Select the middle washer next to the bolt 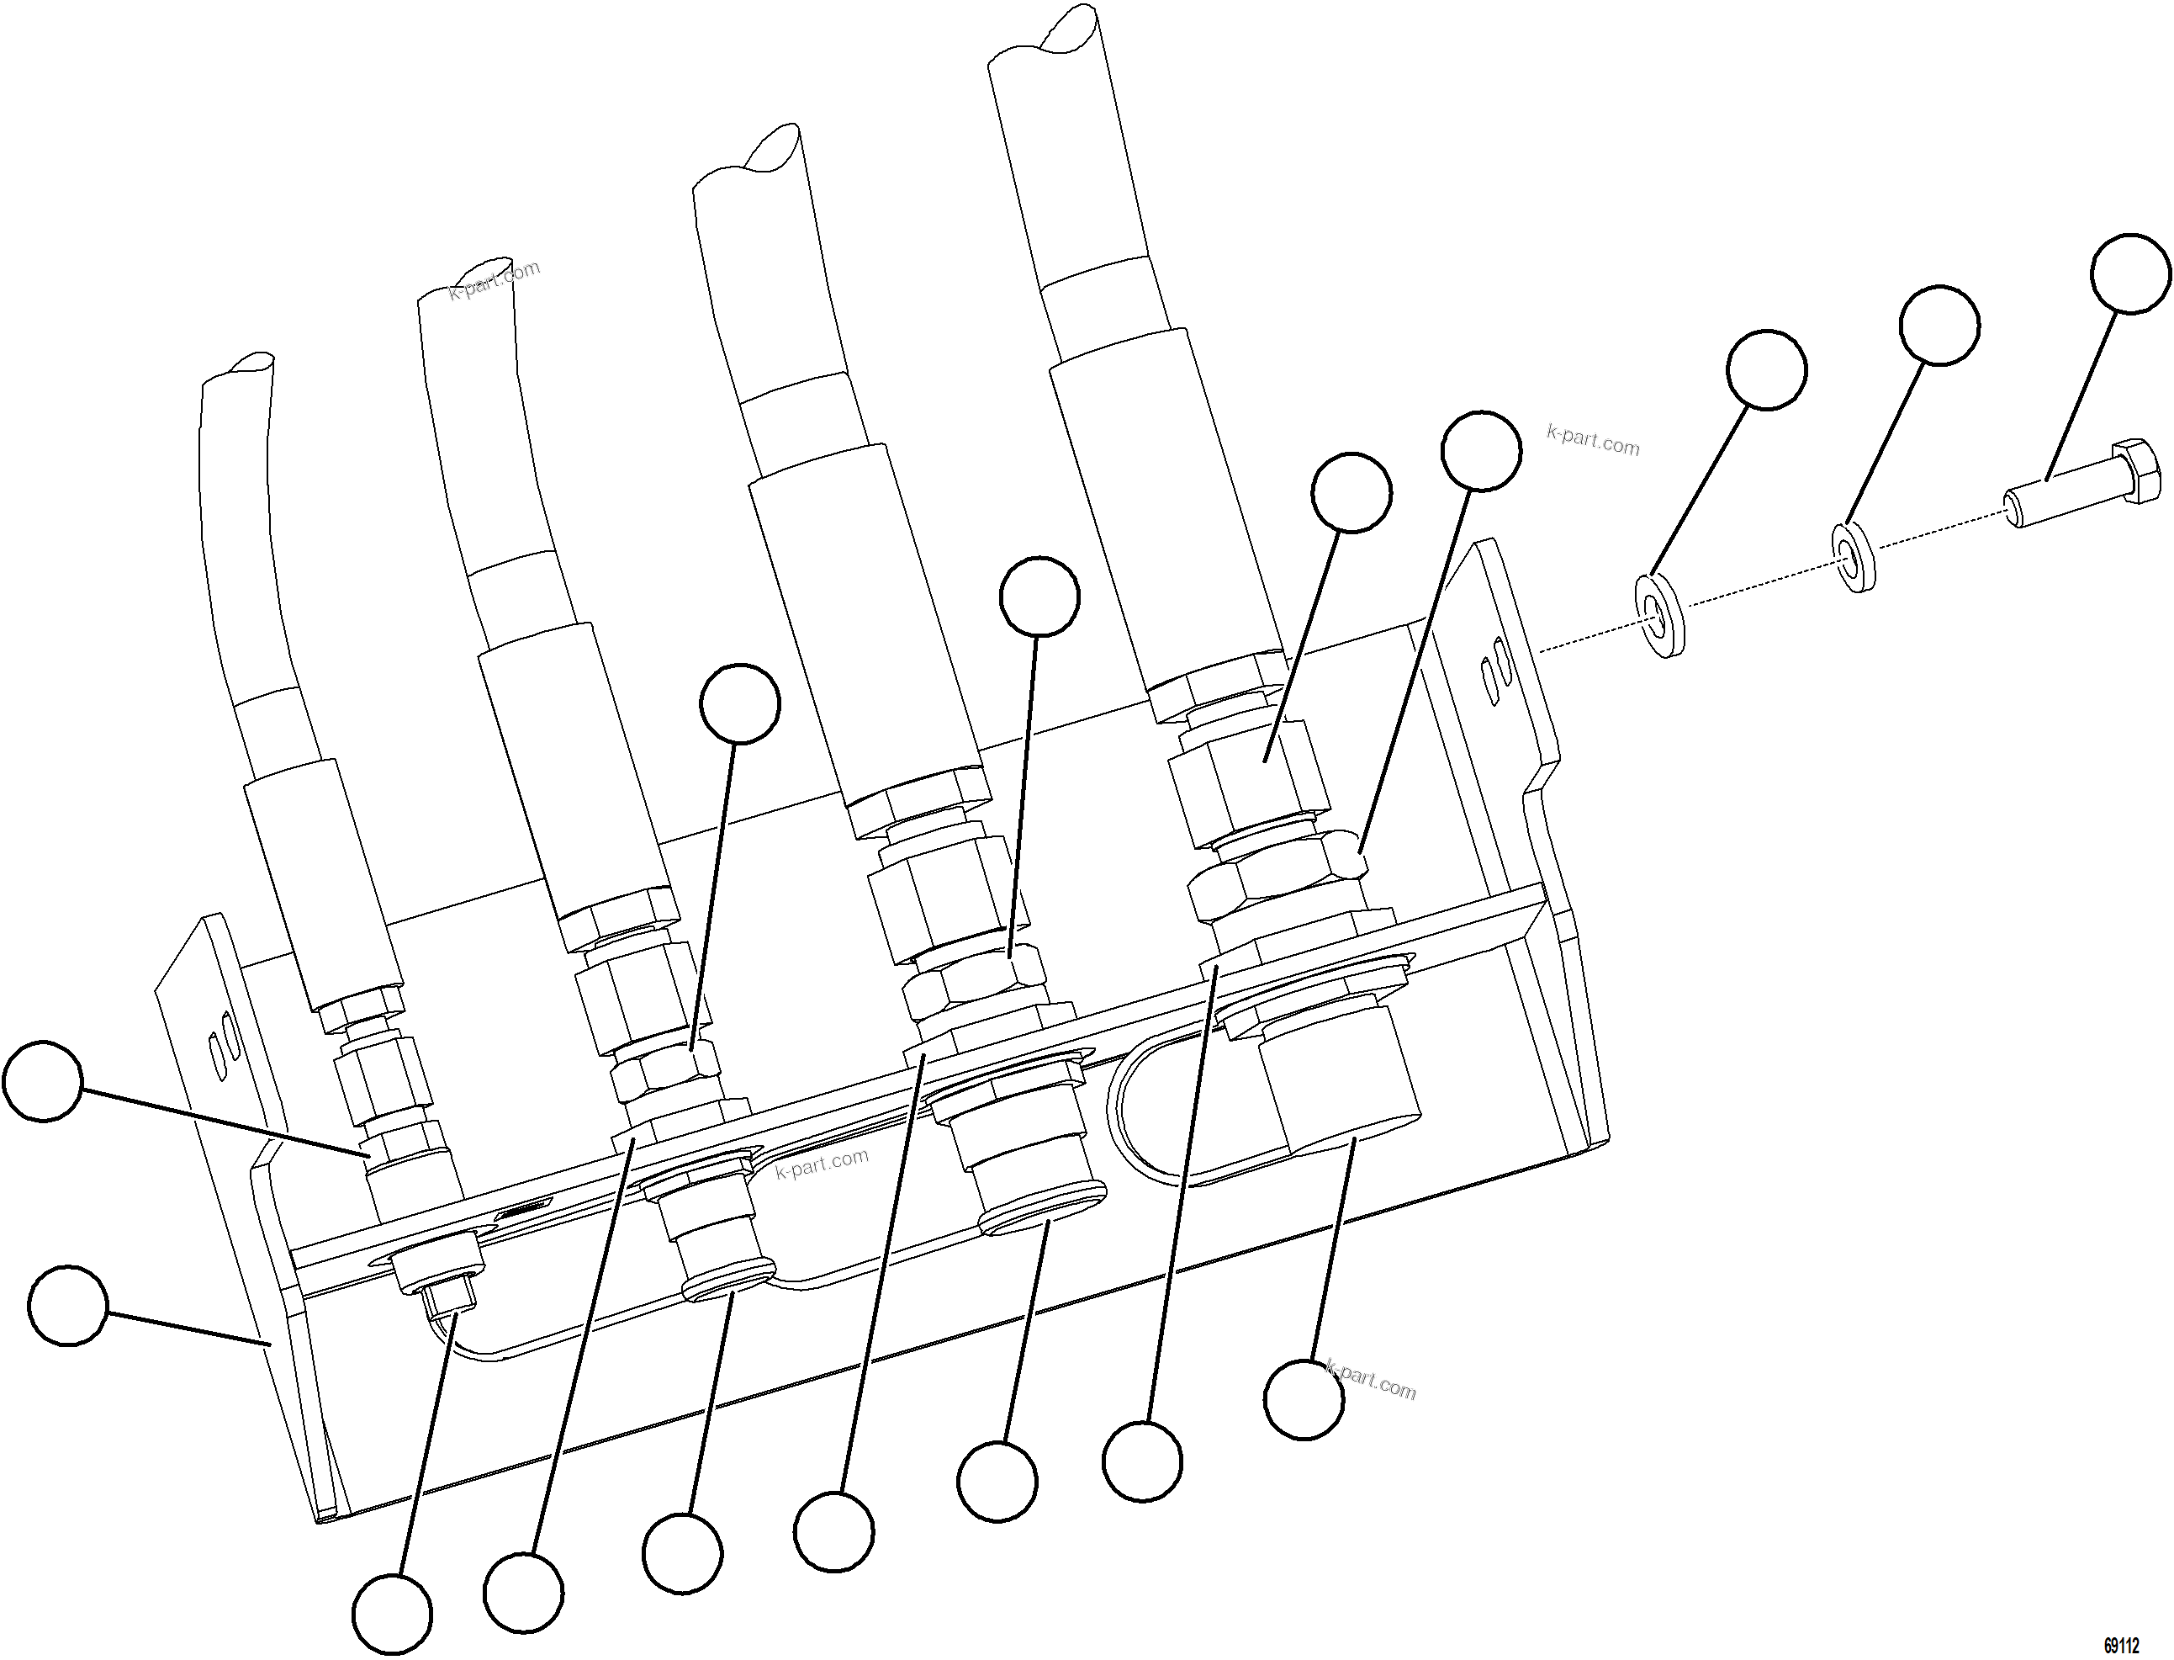tap(1856, 559)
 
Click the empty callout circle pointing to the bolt tap(2130, 273)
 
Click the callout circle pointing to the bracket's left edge tap(67, 1307)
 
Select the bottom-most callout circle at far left tap(392, 1615)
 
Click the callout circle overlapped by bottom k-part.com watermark tap(1304, 1399)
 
